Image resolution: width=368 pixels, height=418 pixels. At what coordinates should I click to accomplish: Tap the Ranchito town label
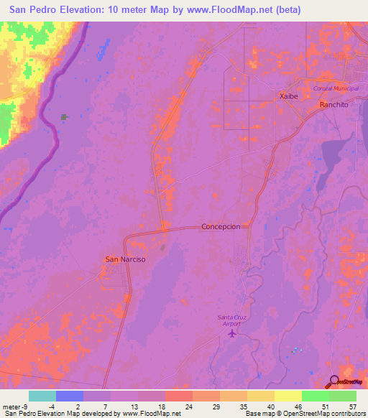click(x=333, y=104)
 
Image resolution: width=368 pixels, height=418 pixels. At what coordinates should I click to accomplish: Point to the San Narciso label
click(x=125, y=259)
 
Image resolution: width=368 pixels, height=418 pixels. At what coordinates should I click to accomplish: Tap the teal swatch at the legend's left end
click(x=42, y=396)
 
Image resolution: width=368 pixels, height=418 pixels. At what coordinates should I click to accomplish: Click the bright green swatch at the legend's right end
click(x=343, y=396)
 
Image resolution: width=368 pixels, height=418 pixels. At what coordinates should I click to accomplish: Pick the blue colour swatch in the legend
click(x=70, y=396)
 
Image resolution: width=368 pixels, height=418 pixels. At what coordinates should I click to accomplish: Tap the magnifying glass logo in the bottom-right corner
click(x=333, y=382)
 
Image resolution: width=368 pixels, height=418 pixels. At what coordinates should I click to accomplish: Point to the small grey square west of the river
click(x=64, y=116)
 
